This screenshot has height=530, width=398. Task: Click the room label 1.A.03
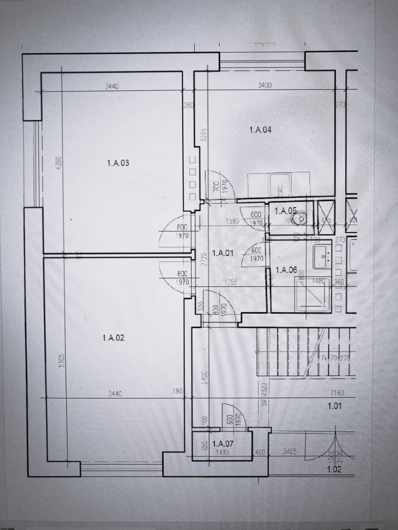click(x=118, y=163)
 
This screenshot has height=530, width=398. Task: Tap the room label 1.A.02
click(x=113, y=338)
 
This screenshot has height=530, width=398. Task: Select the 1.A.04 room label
click(x=260, y=130)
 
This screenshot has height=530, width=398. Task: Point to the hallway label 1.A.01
click(x=223, y=254)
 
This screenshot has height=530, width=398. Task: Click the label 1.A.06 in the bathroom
click(x=286, y=270)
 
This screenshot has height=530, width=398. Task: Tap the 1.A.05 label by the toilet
click(x=286, y=211)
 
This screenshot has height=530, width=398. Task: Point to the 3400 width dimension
click(x=264, y=85)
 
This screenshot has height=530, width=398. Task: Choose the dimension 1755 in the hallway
click(x=231, y=283)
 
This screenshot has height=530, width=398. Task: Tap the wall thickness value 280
click(x=188, y=106)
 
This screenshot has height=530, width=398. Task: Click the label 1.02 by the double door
click(x=334, y=469)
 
